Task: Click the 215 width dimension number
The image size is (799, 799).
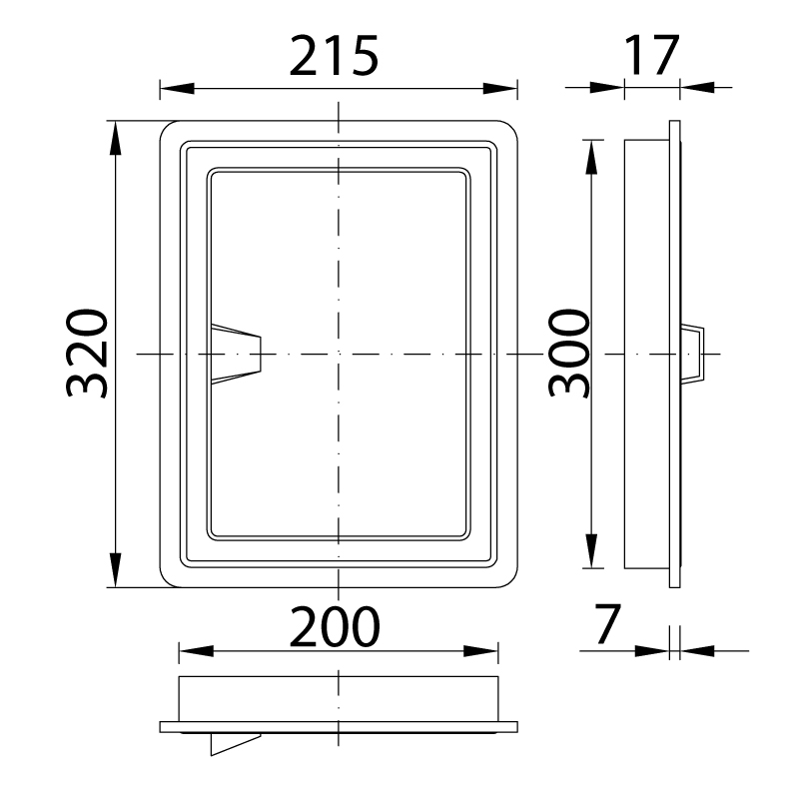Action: click(334, 56)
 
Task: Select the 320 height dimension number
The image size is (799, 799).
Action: click(87, 354)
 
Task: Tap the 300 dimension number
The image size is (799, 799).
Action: click(568, 354)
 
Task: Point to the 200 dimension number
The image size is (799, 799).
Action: click(335, 626)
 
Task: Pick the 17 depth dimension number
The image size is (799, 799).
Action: click(652, 55)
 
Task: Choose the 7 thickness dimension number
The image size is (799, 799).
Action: click(608, 623)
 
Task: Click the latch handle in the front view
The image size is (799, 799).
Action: click(236, 354)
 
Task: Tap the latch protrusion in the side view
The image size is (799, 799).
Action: click(692, 354)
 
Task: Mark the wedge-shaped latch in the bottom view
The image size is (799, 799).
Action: click(236, 744)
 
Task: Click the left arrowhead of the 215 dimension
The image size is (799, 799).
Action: click(177, 88)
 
